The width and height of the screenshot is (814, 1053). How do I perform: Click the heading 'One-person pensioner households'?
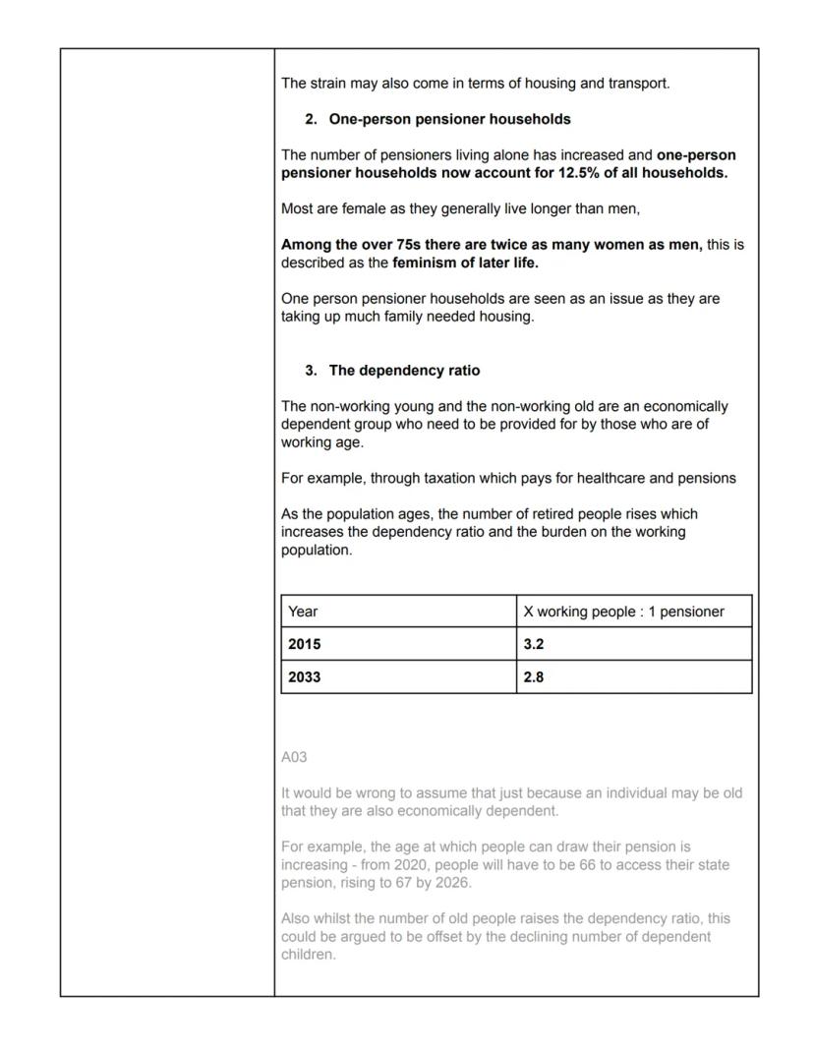click(x=449, y=119)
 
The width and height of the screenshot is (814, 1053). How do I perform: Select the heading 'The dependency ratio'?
click(x=404, y=371)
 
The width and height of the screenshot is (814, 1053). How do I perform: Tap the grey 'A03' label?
click(x=294, y=758)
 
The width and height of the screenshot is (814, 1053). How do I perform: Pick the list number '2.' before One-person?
click(x=311, y=119)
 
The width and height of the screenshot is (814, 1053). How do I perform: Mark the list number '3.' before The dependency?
click(x=311, y=371)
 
